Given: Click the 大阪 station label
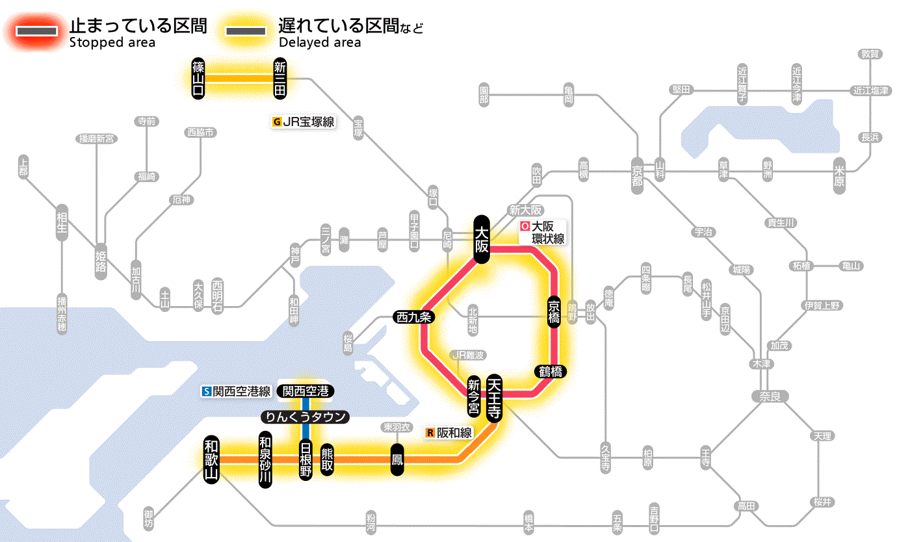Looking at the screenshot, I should click(x=481, y=239).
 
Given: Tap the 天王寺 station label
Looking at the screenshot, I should click(x=494, y=398).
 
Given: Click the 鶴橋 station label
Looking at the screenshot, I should click(x=551, y=372).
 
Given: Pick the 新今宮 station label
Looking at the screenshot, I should click(x=474, y=397).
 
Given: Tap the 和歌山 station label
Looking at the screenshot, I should click(x=211, y=458).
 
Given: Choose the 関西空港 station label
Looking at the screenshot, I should click(x=305, y=391).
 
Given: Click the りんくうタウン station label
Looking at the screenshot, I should click(x=305, y=417).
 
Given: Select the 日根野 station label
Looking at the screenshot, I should click(x=305, y=459).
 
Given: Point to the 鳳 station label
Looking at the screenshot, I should click(x=397, y=459).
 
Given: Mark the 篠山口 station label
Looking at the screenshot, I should click(x=198, y=78).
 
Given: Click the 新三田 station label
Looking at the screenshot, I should click(x=280, y=78).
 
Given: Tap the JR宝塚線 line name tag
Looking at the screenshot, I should click(x=304, y=121).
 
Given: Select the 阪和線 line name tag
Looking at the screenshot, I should click(x=449, y=433).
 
